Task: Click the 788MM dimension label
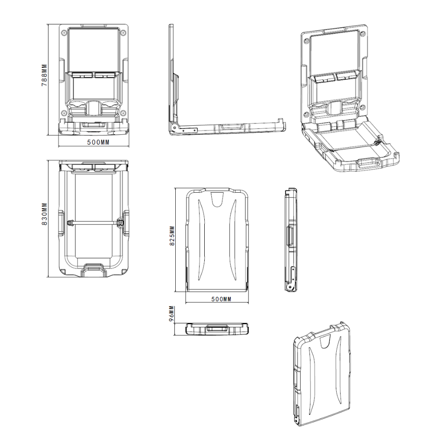(44, 75)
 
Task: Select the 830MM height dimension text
(44, 214)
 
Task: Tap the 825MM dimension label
(172, 236)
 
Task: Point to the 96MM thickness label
(171, 314)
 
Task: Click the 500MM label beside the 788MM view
(98, 142)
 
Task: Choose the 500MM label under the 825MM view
(221, 299)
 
